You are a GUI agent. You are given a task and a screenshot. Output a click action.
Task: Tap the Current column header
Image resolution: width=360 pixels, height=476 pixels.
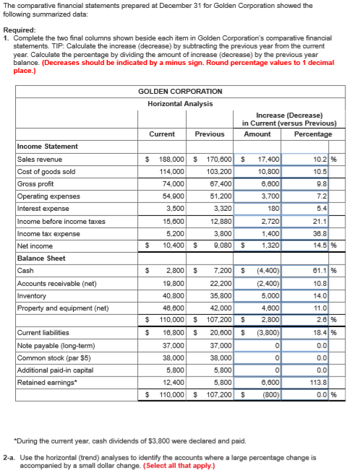pyautogui.click(x=161, y=134)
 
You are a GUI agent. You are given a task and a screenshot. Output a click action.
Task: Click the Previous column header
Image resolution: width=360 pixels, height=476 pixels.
pyautogui.click(x=210, y=134)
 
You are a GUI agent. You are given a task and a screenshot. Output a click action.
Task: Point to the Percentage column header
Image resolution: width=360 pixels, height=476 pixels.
pyautogui.click(x=314, y=134)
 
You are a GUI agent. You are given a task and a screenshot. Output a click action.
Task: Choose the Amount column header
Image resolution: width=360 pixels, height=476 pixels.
pyautogui.click(x=257, y=134)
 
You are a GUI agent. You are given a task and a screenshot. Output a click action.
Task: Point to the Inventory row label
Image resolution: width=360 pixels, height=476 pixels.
pyautogui.click(x=31, y=296)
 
